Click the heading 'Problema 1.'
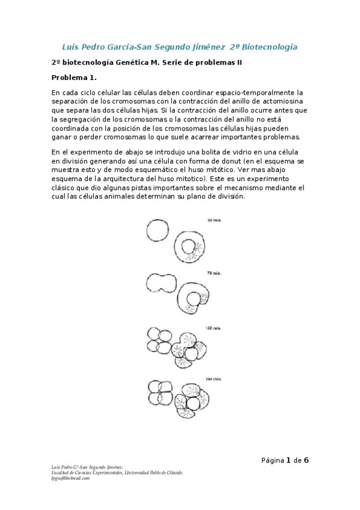[74, 78]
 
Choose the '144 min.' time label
[213, 379]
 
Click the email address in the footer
[71, 478]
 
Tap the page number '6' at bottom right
[306, 461]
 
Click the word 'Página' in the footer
[272, 461]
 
